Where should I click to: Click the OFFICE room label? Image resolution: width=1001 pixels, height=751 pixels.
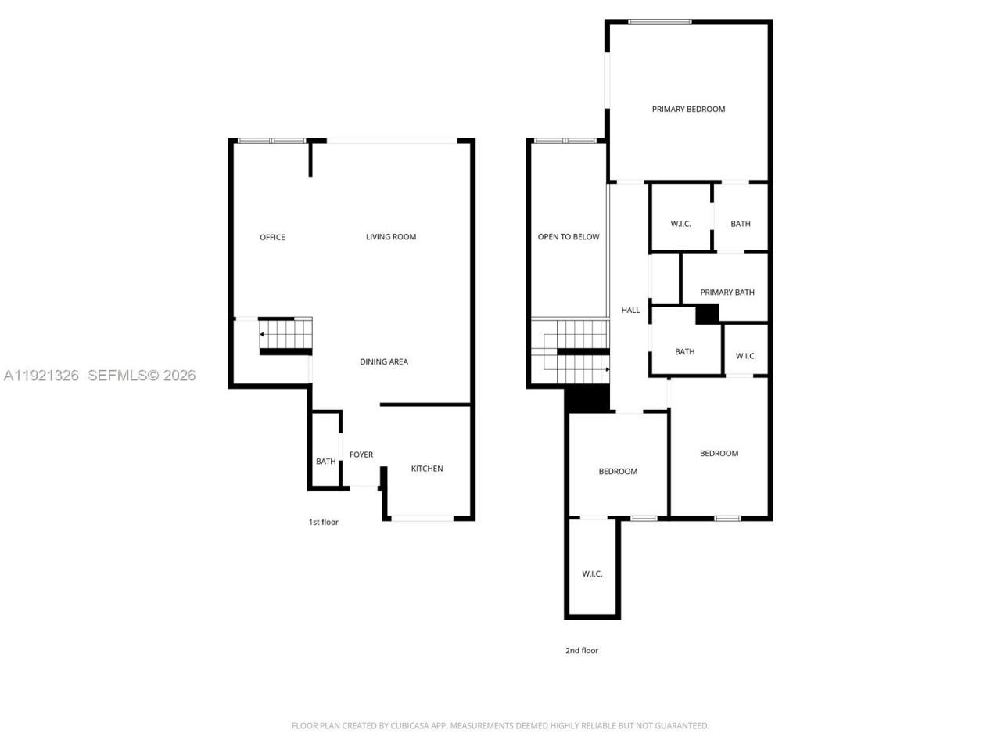[x=272, y=237]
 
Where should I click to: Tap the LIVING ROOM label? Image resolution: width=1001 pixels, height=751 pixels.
[x=391, y=237]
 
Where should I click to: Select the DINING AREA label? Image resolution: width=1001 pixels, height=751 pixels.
[x=383, y=361]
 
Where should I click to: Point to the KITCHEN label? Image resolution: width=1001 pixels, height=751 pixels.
[x=427, y=469]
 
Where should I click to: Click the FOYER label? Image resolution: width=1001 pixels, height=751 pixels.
[x=361, y=455]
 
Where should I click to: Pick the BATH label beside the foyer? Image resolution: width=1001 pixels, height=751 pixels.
[x=325, y=462]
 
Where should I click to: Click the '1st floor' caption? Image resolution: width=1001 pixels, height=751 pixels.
[x=323, y=522]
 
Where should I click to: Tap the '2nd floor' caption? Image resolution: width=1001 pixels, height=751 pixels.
[x=582, y=650]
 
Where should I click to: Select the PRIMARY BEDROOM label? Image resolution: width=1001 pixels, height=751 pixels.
[x=688, y=109]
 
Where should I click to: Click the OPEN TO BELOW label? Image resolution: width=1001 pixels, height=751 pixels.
[x=569, y=237]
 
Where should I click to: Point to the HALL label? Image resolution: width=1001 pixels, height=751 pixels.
[x=630, y=311]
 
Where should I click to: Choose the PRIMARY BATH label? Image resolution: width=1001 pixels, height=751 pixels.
[x=727, y=293]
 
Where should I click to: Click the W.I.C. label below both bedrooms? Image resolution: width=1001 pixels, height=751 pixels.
[x=592, y=574]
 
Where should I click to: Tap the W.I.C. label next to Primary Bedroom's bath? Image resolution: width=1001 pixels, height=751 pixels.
[x=680, y=224]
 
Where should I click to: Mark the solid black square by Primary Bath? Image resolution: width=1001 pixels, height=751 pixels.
[x=707, y=313]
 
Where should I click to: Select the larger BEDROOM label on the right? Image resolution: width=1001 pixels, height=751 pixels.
[x=719, y=454]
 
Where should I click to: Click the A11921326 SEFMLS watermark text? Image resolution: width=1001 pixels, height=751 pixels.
[x=99, y=375]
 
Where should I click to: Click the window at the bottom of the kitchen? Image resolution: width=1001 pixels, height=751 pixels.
[x=422, y=517]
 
